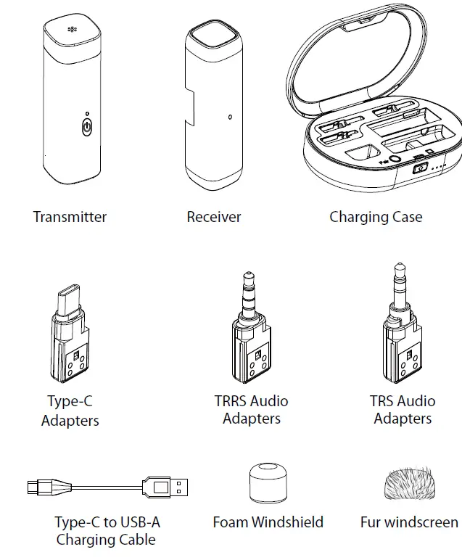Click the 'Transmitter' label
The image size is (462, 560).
click(x=70, y=217)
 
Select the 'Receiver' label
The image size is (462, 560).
click(x=214, y=217)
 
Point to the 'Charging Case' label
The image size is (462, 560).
click(x=375, y=217)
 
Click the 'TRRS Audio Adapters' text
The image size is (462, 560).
click(x=251, y=410)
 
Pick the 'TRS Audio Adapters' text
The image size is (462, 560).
click(x=403, y=410)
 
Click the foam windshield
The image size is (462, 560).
click(x=268, y=482)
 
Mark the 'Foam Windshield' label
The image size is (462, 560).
click(x=268, y=522)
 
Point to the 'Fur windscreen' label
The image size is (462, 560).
click(x=409, y=522)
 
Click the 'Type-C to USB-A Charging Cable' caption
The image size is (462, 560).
click(x=106, y=531)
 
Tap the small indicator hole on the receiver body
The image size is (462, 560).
click(x=230, y=117)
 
